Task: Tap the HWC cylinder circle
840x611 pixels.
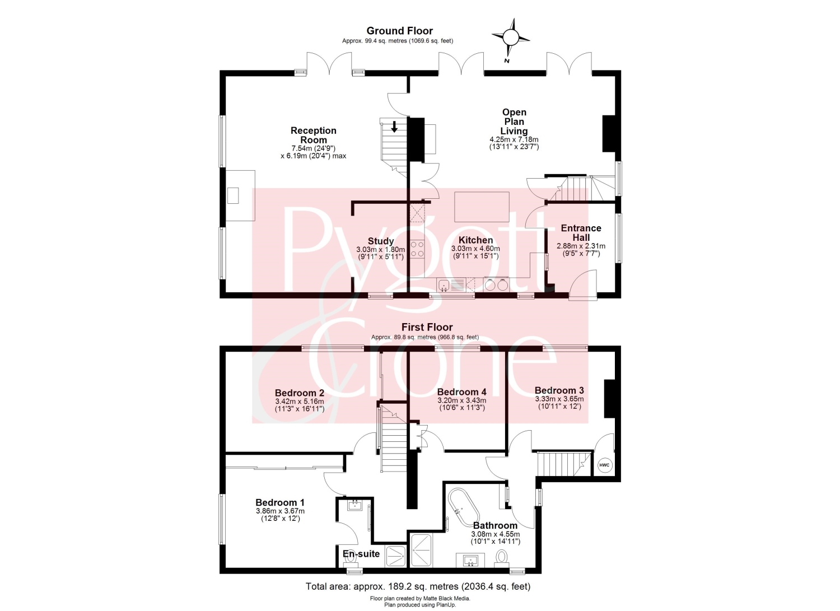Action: pos(604,465)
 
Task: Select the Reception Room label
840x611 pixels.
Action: pos(314,135)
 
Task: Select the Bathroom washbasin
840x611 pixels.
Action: pos(470,561)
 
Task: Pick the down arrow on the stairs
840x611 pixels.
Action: pos(394,127)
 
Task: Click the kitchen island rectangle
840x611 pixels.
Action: pos(482,207)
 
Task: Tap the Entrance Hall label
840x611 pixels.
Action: pos(581,233)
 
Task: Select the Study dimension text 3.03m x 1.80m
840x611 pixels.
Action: pos(381,249)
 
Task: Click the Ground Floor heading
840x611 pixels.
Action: pos(399,31)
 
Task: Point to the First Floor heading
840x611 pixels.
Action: pos(427,327)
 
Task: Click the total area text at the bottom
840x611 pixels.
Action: pos(418,586)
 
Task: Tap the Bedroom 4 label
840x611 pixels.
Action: pos(461,392)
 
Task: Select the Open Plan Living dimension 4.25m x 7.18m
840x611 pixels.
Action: pos(514,139)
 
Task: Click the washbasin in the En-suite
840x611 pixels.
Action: pos(354,505)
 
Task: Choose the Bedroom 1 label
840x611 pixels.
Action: pos(280,502)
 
